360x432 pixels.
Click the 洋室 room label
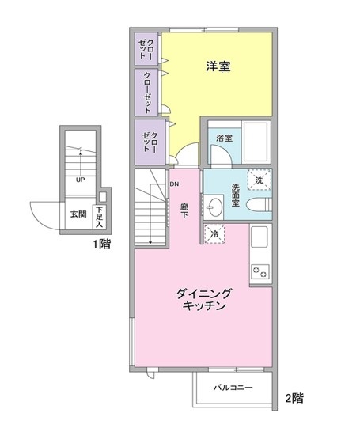pyautogui.click(x=218, y=66)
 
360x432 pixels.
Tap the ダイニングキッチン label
pyautogui.click(x=204, y=300)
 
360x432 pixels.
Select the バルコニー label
pyautogui.click(x=233, y=388)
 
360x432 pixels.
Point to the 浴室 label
pyautogui.click(x=224, y=138)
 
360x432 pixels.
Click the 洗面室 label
pyautogui.click(x=236, y=195)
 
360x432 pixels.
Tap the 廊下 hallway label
pyautogui.click(x=184, y=210)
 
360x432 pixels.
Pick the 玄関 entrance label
pyautogui.click(x=78, y=214)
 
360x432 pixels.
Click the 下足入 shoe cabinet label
pyautogui.click(x=99, y=217)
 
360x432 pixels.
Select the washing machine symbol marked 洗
pyautogui.click(x=260, y=180)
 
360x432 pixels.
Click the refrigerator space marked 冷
pyautogui.click(x=214, y=234)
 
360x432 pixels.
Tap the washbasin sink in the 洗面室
pyautogui.click(x=214, y=207)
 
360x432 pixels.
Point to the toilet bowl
pyautogui.click(x=258, y=205)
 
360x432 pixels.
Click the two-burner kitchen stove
pyautogui.click(x=260, y=271)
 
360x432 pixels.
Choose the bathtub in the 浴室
pyautogui.click(x=256, y=142)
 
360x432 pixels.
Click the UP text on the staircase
pyautogui.click(x=81, y=180)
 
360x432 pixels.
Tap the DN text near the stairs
pyautogui.click(x=174, y=184)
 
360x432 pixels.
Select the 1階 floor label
pyautogui.click(x=101, y=244)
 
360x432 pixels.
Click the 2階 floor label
pyautogui.click(x=294, y=398)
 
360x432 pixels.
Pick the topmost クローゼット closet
pyautogui.click(x=146, y=49)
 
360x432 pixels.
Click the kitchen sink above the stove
pyautogui.click(x=260, y=237)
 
